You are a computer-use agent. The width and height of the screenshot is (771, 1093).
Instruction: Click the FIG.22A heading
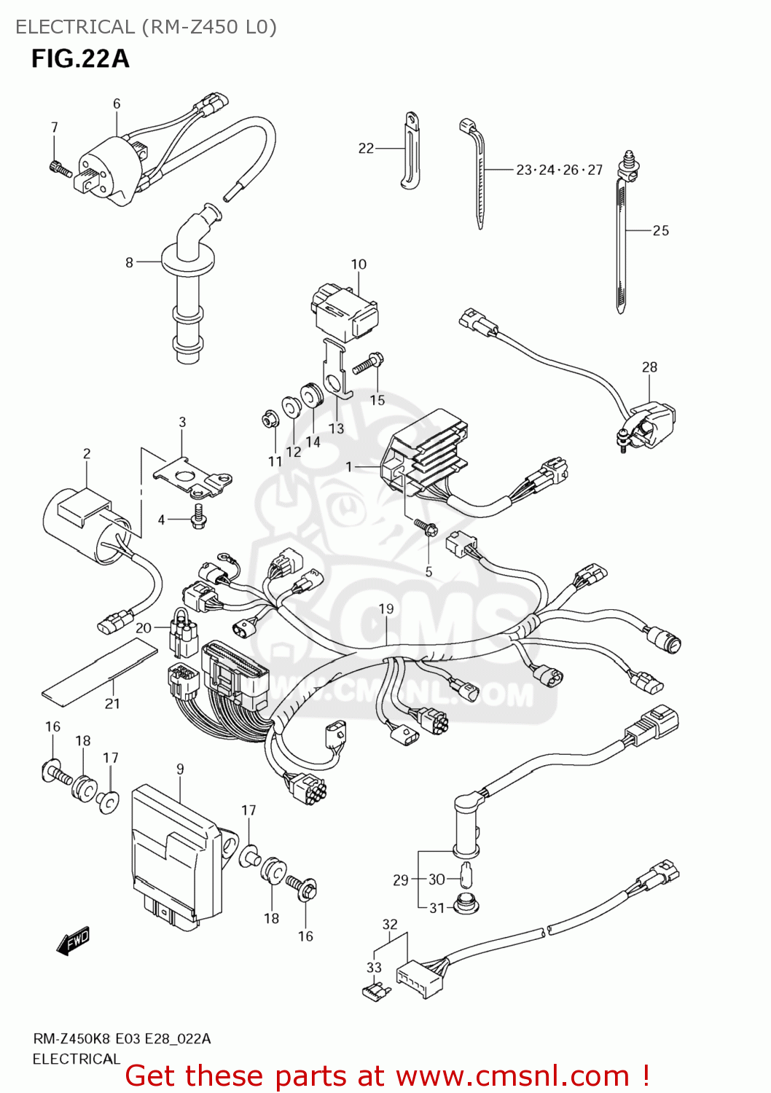click(x=80, y=58)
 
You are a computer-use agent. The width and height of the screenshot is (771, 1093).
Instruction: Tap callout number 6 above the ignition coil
click(x=117, y=104)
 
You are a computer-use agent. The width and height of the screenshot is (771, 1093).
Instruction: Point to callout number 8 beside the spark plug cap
click(x=129, y=262)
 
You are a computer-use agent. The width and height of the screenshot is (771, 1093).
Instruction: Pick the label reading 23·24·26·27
click(x=559, y=170)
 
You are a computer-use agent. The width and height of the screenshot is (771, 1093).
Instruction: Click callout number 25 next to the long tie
click(x=660, y=230)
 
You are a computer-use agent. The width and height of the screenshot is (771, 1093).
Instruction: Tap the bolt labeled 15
click(x=368, y=364)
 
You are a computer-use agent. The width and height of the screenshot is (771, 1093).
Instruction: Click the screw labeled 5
click(x=424, y=526)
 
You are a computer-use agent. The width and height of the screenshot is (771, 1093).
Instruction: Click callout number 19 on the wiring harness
click(x=385, y=608)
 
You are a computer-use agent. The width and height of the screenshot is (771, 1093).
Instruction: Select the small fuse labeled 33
click(x=377, y=991)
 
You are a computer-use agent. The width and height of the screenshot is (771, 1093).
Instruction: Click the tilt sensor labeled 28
click(x=649, y=426)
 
